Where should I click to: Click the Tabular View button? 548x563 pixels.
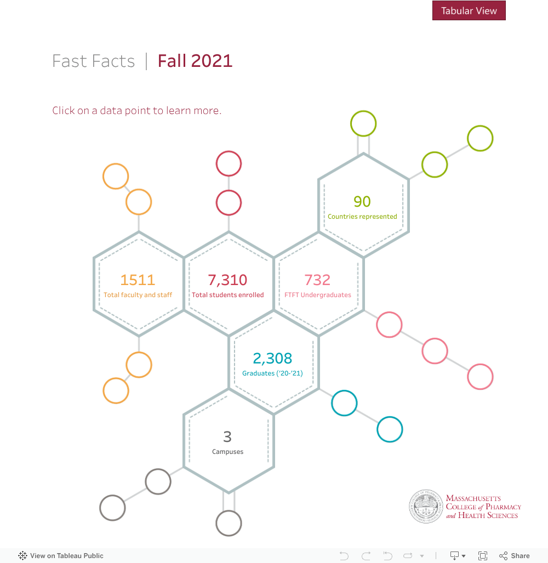point(469,11)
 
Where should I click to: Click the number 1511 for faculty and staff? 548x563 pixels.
point(138,280)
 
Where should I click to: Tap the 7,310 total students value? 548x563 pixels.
point(227,280)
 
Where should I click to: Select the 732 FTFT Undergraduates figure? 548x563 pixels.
point(317,280)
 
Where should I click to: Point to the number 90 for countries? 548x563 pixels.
point(362,202)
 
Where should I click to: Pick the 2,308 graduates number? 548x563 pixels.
point(272,359)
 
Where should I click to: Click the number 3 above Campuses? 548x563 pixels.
point(227,437)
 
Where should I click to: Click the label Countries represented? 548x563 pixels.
point(362,217)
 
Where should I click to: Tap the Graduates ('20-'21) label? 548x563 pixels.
point(272,373)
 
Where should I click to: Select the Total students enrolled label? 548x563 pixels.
point(227,295)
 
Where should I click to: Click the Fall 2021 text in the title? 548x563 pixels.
point(195,61)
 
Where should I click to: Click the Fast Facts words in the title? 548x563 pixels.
point(94,61)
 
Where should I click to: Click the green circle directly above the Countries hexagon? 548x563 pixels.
point(363,123)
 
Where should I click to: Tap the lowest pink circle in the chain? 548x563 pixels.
point(480,377)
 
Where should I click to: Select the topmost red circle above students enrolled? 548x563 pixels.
point(229,163)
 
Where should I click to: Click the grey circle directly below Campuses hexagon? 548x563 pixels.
point(229,523)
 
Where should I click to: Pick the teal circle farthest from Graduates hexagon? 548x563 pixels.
point(390,429)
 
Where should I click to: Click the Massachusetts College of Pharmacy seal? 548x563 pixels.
point(426,507)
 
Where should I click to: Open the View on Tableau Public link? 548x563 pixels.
point(61,556)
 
